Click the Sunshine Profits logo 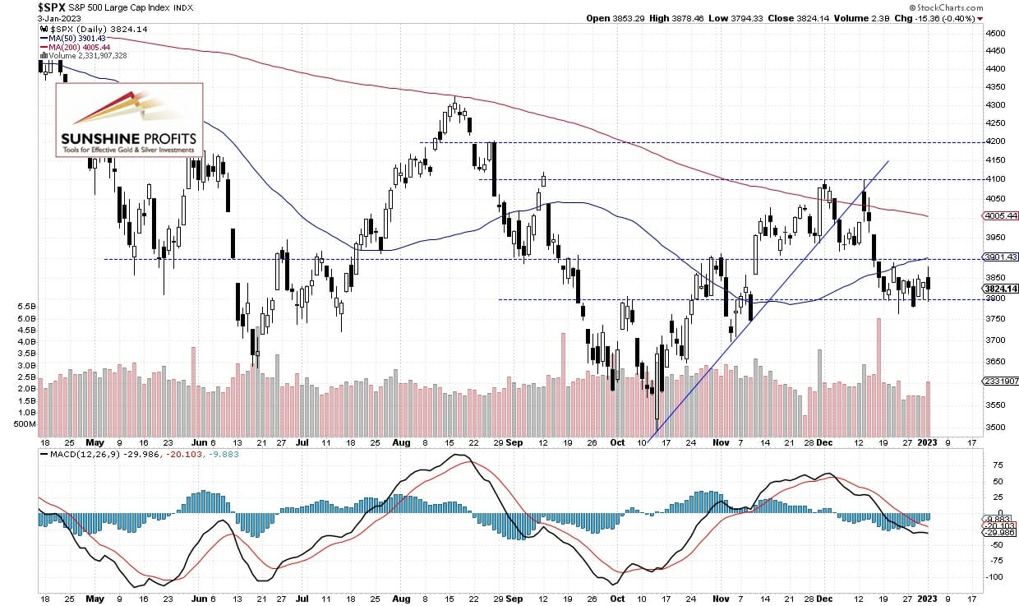[x=130, y=120]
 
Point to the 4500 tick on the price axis [x=994, y=34]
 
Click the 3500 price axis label [x=994, y=427]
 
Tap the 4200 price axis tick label [x=994, y=142]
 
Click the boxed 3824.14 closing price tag [x=1000, y=289]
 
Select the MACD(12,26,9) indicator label [x=79, y=453]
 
